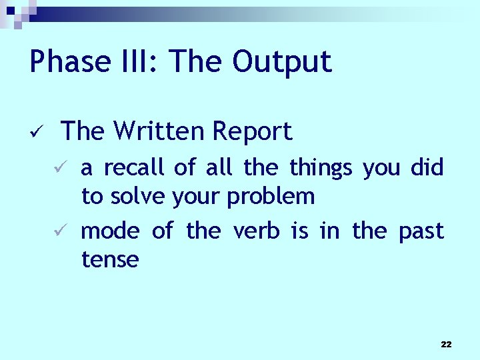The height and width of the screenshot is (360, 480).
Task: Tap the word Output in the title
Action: click(281, 62)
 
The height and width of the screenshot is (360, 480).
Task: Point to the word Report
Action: click(252, 131)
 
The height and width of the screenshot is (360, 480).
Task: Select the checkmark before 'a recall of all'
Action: click(59, 167)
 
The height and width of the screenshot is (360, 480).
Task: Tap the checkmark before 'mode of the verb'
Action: click(59, 231)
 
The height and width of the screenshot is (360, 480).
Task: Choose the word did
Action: click(427, 167)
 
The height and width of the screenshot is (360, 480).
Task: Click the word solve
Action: click(138, 197)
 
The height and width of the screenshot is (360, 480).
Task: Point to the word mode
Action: click(110, 231)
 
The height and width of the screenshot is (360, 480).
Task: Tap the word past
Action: click(421, 231)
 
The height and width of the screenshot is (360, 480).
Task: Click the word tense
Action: click(110, 259)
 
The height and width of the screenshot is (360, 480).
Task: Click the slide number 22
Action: click(446, 344)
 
